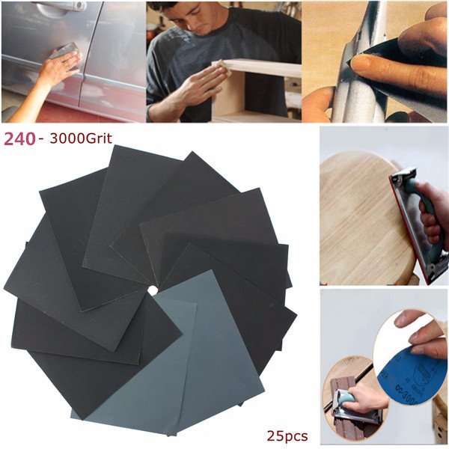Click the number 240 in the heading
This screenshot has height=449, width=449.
pyautogui.click(x=19, y=139)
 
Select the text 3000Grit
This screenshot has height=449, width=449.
pyautogui.click(x=81, y=139)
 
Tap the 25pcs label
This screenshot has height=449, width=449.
pyautogui.click(x=287, y=436)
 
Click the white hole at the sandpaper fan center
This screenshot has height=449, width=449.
pyautogui.click(x=153, y=290)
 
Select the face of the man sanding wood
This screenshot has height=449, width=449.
pyautogui.click(x=195, y=18)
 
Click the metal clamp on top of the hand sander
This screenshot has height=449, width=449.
pyautogui.click(x=404, y=174)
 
